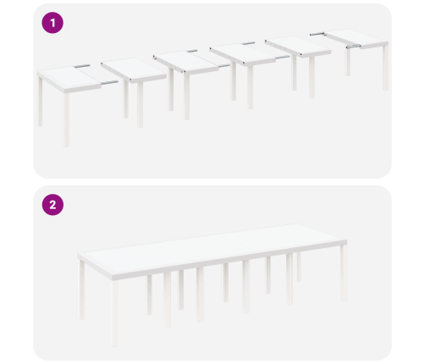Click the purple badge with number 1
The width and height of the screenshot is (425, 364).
(52, 23)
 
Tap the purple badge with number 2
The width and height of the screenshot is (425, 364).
(52, 205)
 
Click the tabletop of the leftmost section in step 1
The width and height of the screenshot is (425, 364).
(69, 78)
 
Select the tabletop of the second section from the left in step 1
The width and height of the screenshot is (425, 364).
(134, 69)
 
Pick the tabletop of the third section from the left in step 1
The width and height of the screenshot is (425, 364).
(185, 62)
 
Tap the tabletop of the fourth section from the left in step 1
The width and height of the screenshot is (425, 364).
(243, 54)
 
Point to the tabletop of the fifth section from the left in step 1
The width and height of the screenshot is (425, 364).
(298, 46)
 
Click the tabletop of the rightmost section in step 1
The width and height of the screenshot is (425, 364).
(356, 38)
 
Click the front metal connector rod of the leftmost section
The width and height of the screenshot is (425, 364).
(109, 83)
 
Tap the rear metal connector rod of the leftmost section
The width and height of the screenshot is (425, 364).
(82, 66)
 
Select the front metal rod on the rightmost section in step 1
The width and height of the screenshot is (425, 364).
(353, 47)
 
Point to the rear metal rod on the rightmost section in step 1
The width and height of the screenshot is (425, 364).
(317, 34)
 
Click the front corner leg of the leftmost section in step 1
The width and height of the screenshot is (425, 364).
(66, 120)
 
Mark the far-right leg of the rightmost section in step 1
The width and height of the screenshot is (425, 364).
(385, 69)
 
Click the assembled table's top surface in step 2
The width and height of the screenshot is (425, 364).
(212, 247)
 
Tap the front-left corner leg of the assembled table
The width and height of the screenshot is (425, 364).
(114, 313)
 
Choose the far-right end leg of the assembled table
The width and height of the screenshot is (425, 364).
(343, 273)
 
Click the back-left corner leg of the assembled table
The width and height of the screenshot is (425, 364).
(81, 290)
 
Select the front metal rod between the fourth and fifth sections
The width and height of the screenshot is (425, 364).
(283, 58)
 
